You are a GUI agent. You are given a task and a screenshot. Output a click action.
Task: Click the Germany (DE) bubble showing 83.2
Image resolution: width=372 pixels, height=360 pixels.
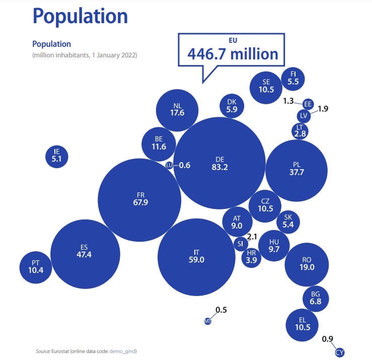pyautogui.click(x=220, y=163)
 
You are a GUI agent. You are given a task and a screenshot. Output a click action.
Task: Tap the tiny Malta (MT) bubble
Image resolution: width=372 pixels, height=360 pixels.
pyautogui.click(x=207, y=321)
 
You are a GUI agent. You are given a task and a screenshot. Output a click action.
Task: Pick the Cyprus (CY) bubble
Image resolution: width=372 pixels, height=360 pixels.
pyautogui.click(x=340, y=352)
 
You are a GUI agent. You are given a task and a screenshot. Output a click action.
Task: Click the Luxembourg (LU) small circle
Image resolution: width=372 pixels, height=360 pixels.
pyautogui.click(x=170, y=165)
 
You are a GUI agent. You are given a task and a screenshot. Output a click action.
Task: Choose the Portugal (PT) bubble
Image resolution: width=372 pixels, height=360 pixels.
pyautogui.click(x=35, y=266)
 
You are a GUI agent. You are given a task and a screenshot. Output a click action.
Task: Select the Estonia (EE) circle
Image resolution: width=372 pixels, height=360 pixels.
pyautogui.click(x=308, y=104)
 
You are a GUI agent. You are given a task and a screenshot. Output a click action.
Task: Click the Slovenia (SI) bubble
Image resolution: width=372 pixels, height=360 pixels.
pyautogui.click(x=240, y=244)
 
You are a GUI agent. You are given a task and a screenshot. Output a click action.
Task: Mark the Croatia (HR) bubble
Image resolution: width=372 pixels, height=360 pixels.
pyautogui.click(x=251, y=258)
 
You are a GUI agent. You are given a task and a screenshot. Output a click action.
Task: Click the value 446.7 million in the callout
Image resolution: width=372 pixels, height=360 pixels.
pyautogui.click(x=233, y=54)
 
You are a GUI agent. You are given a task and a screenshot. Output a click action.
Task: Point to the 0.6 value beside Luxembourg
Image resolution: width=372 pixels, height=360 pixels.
pyautogui.click(x=185, y=165)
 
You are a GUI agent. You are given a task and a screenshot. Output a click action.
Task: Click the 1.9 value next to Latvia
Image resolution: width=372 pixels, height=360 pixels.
pyautogui.click(x=323, y=108)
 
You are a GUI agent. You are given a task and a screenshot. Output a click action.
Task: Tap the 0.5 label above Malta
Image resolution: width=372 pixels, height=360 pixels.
pyautogui.click(x=221, y=310)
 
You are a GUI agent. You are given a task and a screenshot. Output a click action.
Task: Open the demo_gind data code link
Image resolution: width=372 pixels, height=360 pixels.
pyautogui.click(x=124, y=350)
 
